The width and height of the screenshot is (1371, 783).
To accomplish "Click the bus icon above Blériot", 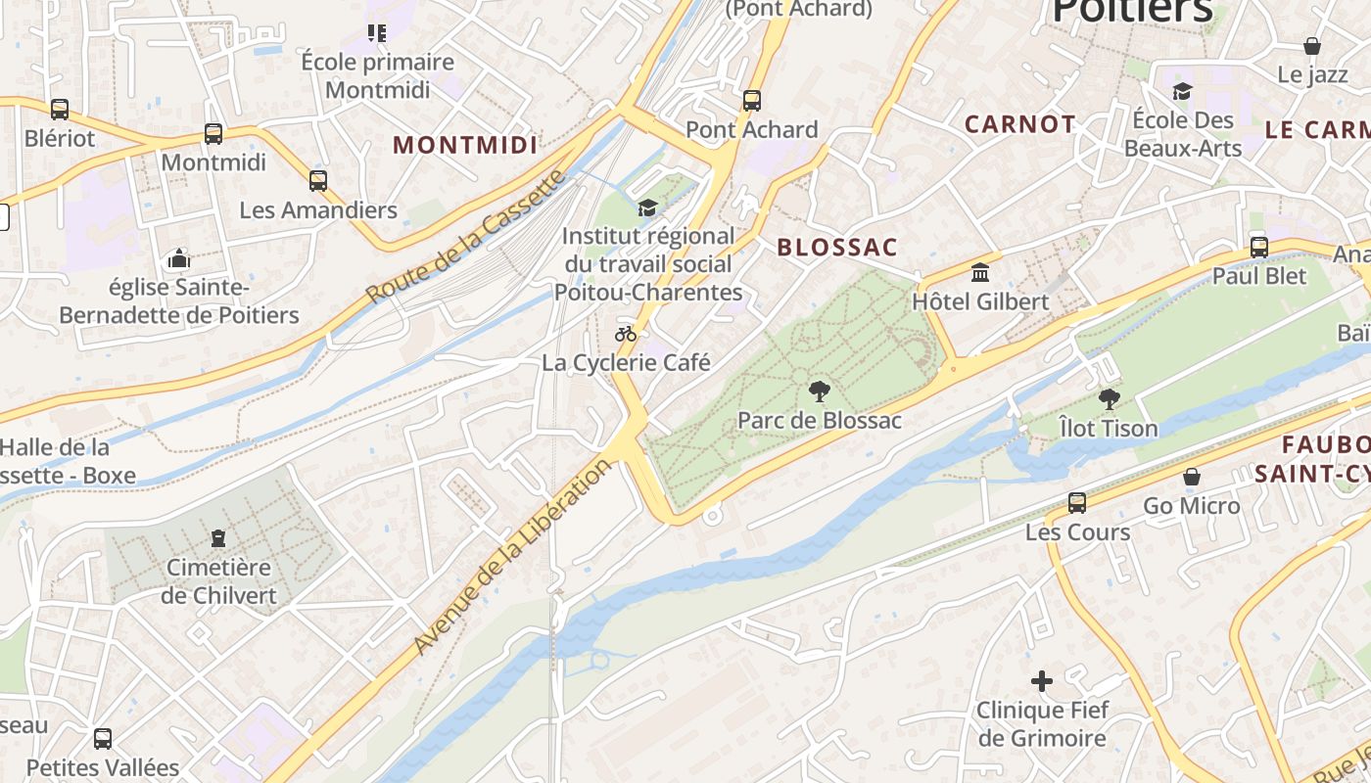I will click(x=60, y=110).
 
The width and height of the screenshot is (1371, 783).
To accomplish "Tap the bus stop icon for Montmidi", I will click(x=213, y=134).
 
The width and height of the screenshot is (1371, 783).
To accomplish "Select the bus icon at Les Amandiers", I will click(x=317, y=181).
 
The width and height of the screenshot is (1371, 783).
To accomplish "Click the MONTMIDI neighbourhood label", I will click(x=465, y=146).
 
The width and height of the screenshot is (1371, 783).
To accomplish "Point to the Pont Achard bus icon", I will click(x=751, y=101).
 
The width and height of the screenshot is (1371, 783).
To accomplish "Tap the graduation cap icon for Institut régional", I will click(x=646, y=207).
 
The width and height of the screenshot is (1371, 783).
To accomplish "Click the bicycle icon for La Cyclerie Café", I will click(x=626, y=334).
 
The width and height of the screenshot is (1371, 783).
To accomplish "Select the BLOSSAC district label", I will click(x=837, y=248).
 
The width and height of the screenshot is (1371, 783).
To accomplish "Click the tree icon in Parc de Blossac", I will click(x=819, y=392).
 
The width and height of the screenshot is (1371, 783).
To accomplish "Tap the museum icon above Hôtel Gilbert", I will click(x=979, y=273).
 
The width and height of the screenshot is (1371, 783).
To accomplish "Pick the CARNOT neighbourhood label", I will click(x=1019, y=124).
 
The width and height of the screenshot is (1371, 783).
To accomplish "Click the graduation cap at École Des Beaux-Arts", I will click(x=1182, y=92).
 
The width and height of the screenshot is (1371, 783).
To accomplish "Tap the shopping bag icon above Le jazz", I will click(x=1311, y=46).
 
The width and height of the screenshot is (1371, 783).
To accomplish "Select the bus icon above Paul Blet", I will click(x=1258, y=248).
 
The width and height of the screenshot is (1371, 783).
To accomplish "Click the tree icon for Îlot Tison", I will click(x=1109, y=399).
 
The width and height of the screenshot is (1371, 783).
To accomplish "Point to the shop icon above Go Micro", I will click(x=1192, y=478).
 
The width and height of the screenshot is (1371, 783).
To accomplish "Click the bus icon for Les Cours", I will click(x=1076, y=503).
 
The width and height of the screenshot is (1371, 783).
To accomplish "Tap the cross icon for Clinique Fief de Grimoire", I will click(x=1041, y=681).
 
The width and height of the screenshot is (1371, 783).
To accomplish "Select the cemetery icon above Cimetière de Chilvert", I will click(x=218, y=538).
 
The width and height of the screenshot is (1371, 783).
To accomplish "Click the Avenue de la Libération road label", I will click(x=512, y=556).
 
